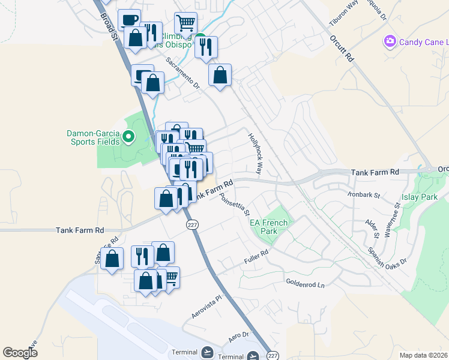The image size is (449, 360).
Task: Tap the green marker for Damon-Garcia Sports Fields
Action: coord(127,138)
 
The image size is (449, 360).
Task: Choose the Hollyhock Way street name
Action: coord(256,154)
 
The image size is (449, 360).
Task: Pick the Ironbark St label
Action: coord(364,194)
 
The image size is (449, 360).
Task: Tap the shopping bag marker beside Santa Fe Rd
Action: coord(112,260)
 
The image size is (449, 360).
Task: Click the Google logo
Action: coord(20,353)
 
